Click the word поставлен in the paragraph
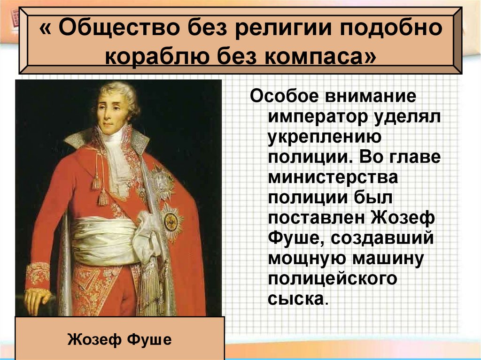(317, 218)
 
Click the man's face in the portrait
(112, 110)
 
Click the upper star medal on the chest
(161, 180)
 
